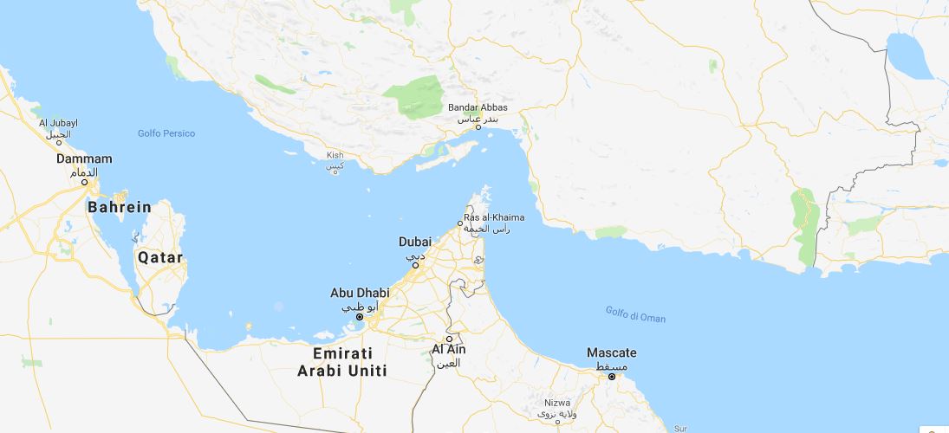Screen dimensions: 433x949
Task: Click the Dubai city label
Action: click(414, 242)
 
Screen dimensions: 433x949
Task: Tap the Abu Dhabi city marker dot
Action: click(359, 317)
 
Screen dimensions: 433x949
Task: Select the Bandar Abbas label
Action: click(478, 107)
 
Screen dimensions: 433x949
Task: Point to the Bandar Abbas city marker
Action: click(478, 127)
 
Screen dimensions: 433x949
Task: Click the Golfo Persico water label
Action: click(166, 133)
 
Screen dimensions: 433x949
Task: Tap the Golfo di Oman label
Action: click(635, 318)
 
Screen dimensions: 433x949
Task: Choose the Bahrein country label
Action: click(119, 208)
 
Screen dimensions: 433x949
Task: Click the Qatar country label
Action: click(159, 258)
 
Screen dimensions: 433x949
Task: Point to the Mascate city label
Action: click(611, 353)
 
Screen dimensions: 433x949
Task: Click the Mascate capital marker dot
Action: click(611, 377)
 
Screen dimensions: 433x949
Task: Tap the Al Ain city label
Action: click(449, 349)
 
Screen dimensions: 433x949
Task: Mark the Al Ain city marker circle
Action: click(449, 338)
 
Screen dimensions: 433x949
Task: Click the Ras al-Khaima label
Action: click(494, 216)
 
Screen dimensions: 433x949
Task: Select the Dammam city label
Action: click(84, 159)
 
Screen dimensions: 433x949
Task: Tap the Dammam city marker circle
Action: click(85, 182)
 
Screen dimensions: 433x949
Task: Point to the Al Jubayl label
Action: click(58, 123)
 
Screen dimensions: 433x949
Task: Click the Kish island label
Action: click(335, 156)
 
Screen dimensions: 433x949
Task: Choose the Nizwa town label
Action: click(557, 403)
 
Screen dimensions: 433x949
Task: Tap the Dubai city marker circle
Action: click(415, 265)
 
